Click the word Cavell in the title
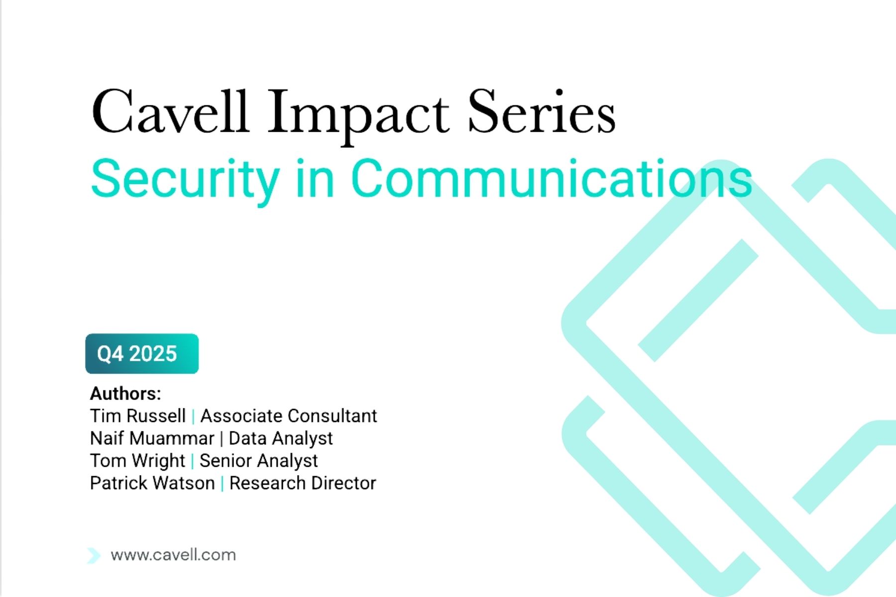170,111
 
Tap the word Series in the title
542,111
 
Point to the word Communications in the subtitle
552,178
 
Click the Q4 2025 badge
142,354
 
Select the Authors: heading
125,394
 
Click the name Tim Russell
138,416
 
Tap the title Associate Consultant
289,416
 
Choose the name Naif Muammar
152,438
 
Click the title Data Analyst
281,439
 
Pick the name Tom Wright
138,461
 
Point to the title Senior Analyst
259,461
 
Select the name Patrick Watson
152,483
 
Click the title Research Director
303,483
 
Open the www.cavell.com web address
173,555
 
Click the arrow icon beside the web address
94,555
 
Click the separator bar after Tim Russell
193,416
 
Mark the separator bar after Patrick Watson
222,484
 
